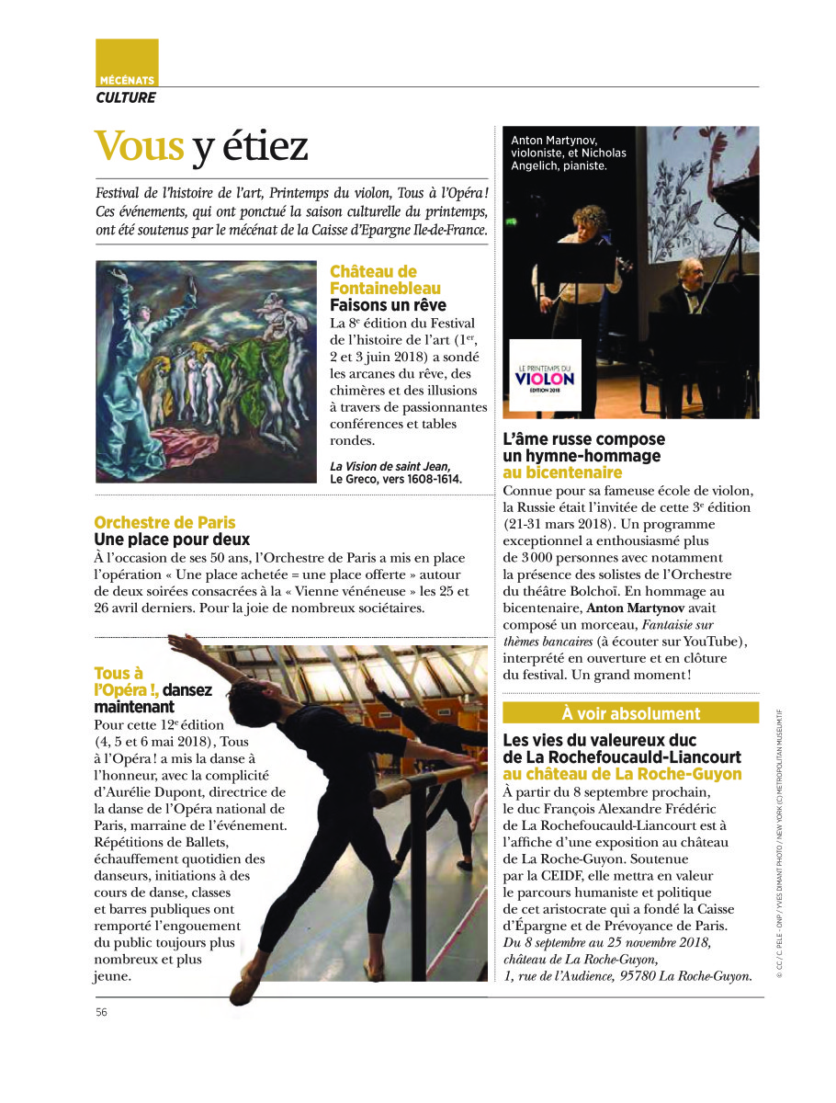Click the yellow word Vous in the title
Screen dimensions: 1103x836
click(140, 146)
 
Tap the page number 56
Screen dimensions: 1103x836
click(102, 1012)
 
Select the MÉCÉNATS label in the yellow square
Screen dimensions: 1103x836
click(127, 81)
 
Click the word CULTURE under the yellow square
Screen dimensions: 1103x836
click(126, 97)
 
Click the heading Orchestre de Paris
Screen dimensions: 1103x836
click(164, 523)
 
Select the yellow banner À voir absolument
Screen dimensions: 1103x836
click(630, 713)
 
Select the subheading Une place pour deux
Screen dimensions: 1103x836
click(172, 540)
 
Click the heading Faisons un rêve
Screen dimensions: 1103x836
click(388, 305)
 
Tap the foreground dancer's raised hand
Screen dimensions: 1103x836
click(172, 641)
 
